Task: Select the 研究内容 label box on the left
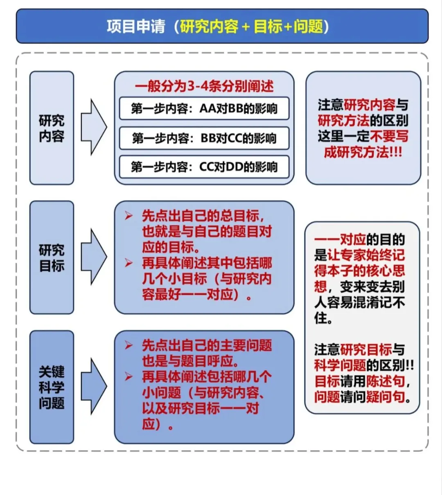click(x=52, y=128)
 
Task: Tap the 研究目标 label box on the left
click(x=52, y=258)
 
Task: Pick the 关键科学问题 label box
click(x=52, y=387)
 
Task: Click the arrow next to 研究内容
click(x=93, y=127)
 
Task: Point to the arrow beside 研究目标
click(x=93, y=257)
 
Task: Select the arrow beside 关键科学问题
click(x=93, y=386)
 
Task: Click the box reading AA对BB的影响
click(x=204, y=108)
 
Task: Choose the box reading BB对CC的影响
click(x=204, y=138)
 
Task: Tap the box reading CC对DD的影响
click(x=204, y=167)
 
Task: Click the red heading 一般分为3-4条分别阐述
click(x=204, y=86)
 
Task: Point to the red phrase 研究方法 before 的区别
click(x=343, y=120)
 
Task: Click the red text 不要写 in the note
click(x=389, y=136)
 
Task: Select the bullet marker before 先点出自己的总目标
click(x=129, y=216)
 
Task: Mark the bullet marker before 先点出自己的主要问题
click(x=129, y=346)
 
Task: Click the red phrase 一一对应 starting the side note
click(x=340, y=240)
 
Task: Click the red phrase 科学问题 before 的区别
click(x=340, y=365)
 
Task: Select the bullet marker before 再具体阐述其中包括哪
click(x=129, y=263)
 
